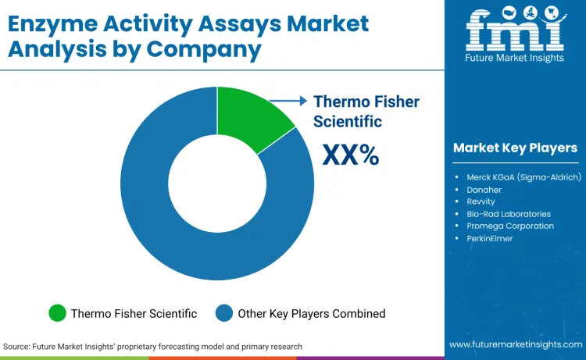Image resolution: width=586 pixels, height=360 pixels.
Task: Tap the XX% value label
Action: pos(350,155)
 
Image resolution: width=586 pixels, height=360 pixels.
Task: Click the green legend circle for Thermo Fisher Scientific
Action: pos(57,313)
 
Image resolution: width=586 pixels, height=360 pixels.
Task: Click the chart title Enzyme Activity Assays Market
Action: pos(188,23)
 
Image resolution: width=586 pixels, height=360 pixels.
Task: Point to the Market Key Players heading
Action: pos(515,148)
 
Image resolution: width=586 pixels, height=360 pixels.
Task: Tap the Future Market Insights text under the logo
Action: pos(515,59)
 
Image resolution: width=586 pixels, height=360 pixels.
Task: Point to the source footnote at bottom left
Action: pos(152,346)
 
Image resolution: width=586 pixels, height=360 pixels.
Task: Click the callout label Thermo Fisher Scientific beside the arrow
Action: pos(366,111)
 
